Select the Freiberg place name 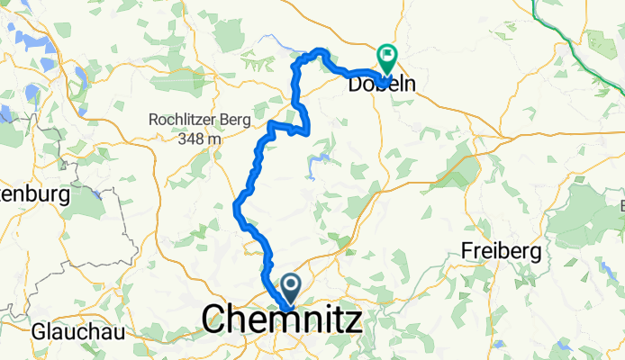click(x=500, y=248)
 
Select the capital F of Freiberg click(x=467, y=248)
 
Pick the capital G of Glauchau click(x=39, y=330)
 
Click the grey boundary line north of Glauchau click(x=36, y=270)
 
